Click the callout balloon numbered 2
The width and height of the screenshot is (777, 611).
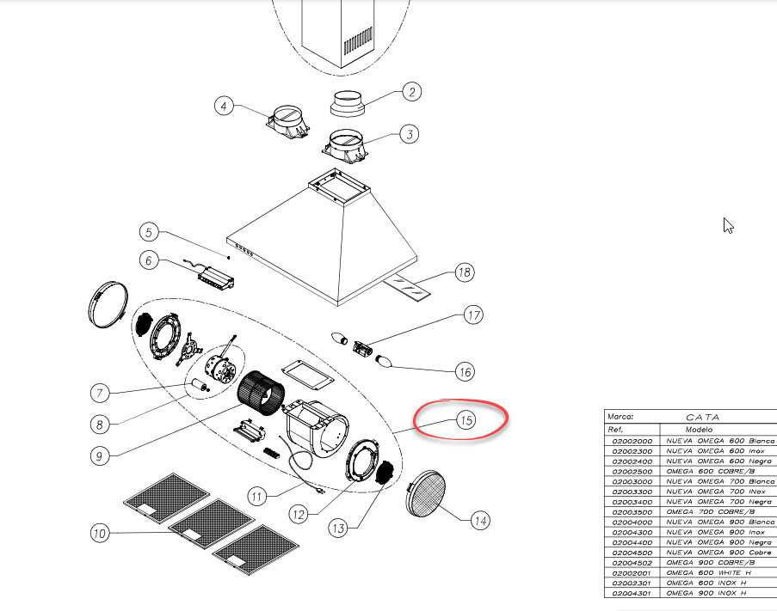pyautogui.click(x=412, y=92)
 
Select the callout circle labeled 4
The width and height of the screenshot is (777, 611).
pyautogui.click(x=225, y=106)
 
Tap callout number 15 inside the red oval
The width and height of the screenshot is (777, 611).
pyautogui.click(x=466, y=420)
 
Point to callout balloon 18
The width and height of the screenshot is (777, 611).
pyautogui.click(x=464, y=273)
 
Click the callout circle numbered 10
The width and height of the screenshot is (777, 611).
pyautogui.click(x=100, y=534)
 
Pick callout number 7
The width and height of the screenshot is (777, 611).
pyautogui.click(x=100, y=393)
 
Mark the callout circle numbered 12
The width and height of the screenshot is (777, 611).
pyautogui.click(x=298, y=515)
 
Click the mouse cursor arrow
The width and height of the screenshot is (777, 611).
pyautogui.click(x=728, y=226)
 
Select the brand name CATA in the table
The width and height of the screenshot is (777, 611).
pyautogui.click(x=702, y=417)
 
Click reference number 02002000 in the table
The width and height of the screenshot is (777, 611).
pyautogui.click(x=632, y=441)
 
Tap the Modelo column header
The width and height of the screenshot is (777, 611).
pyautogui.click(x=699, y=429)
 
